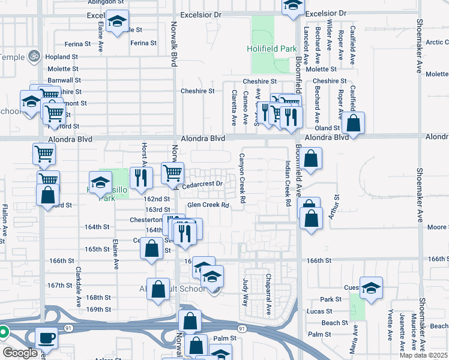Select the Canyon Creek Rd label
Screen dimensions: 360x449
click(243, 177)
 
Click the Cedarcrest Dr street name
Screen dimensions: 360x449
click(204, 184)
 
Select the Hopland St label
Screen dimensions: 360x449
click(63, 57)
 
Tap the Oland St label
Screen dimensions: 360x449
click(328, 128)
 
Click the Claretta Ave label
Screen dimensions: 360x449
click(234, 107)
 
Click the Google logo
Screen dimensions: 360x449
click(20, 353)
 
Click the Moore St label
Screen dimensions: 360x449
click(438, 227)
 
